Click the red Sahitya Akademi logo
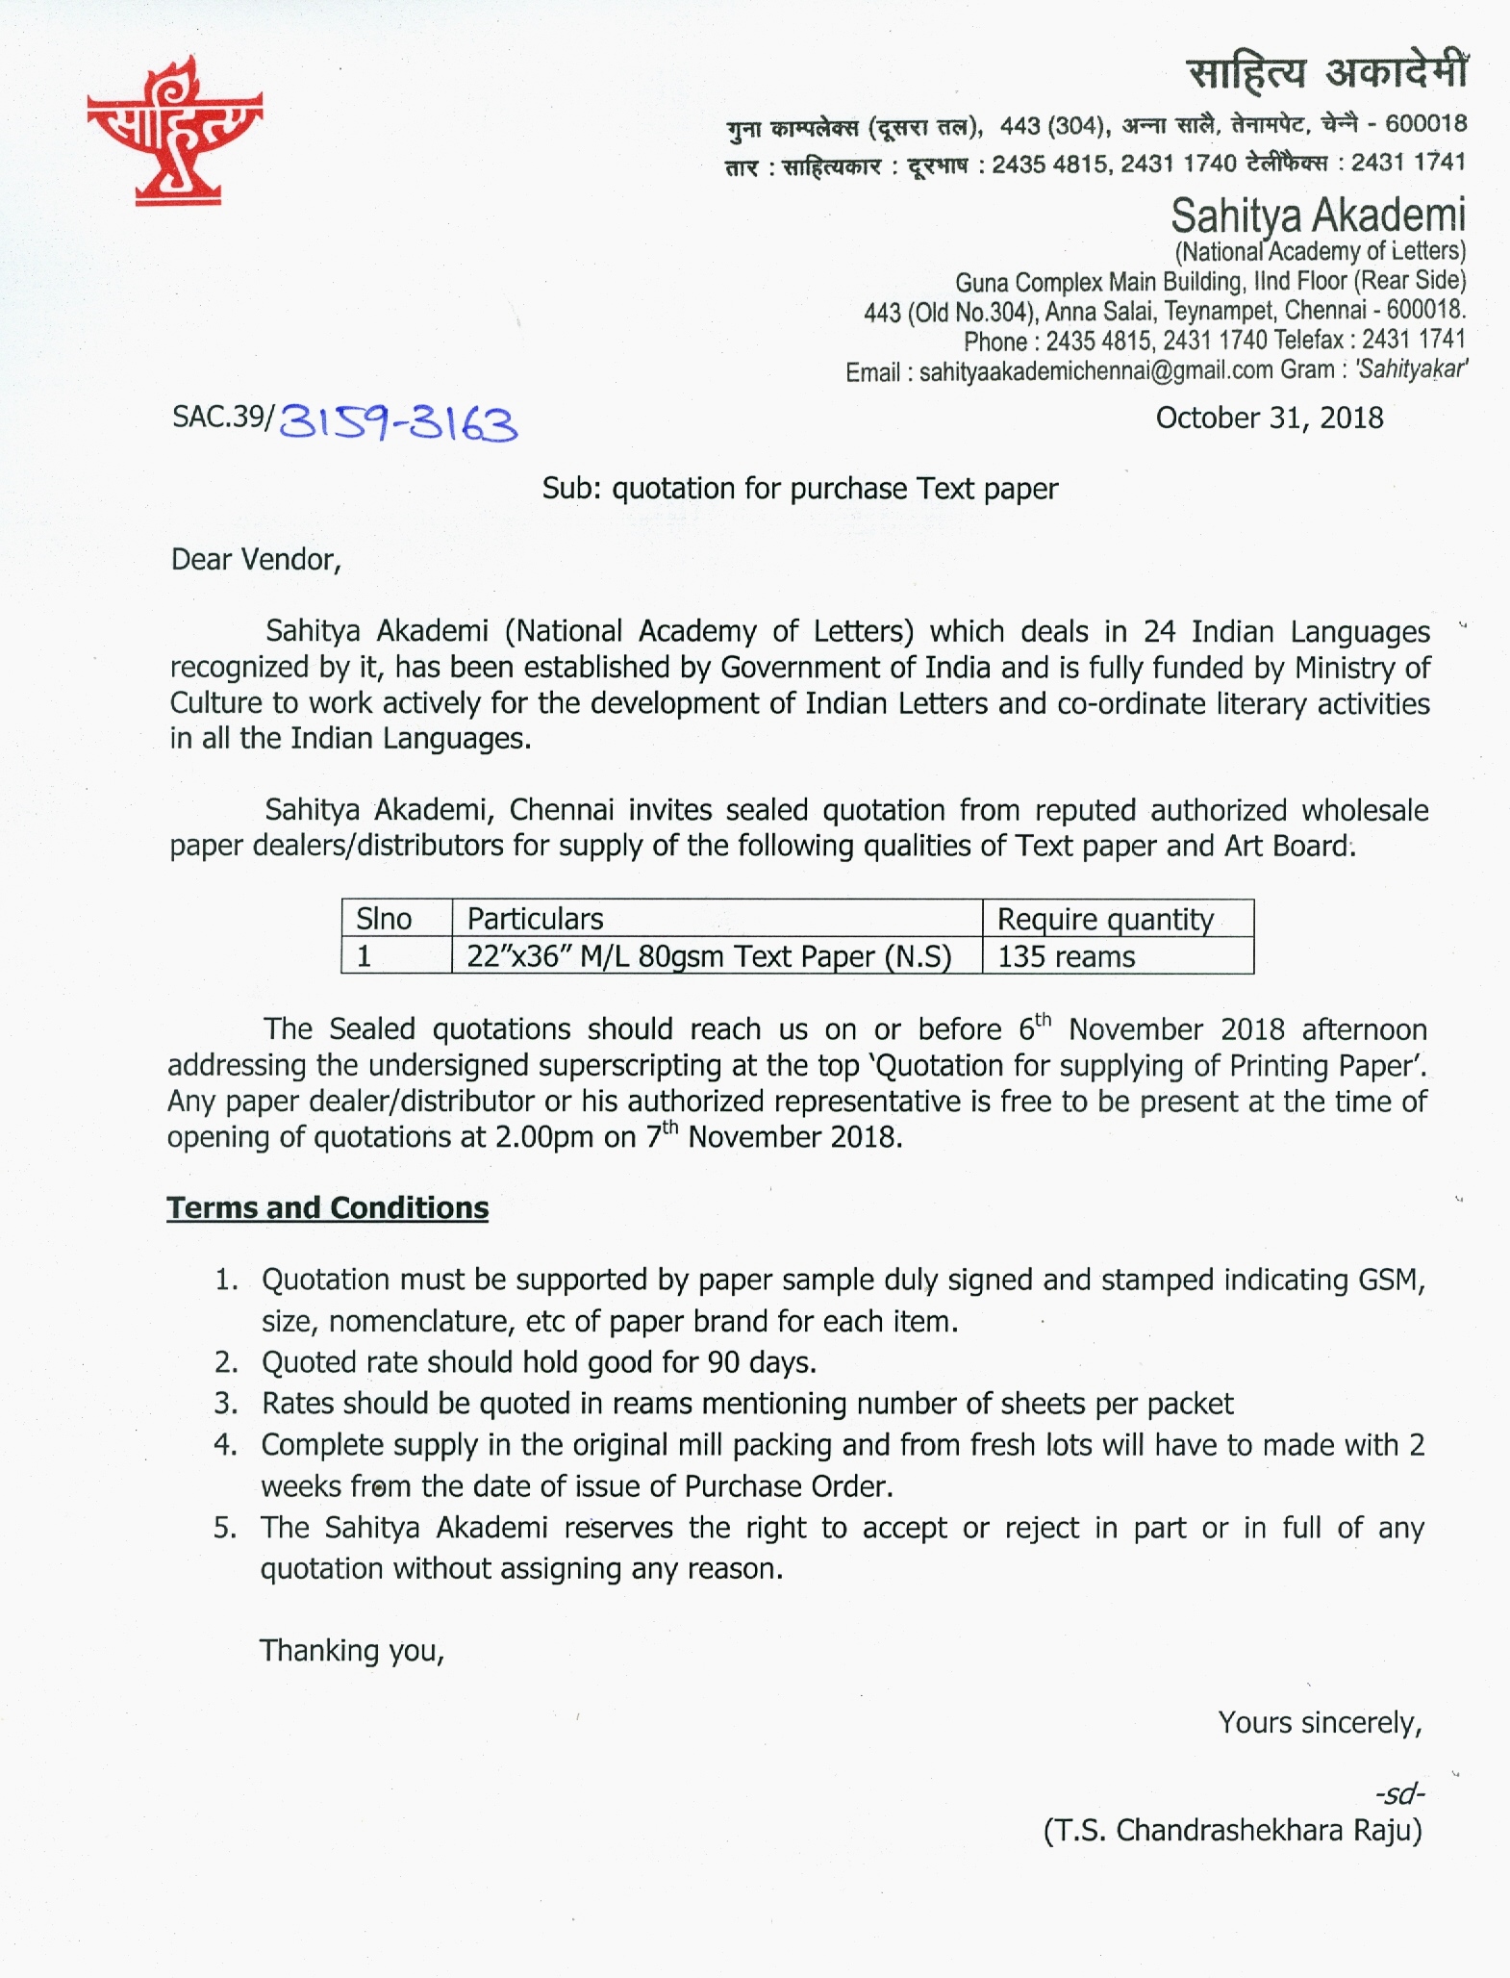pos(174,131)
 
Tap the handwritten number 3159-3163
pos(397,422)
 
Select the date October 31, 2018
pos(1269,418)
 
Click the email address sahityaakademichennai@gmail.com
pos(1095,371)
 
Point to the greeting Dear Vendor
pos(256,559)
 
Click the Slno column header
pos(384,919)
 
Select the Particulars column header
pos(535,919)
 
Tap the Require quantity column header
pos(1105,919)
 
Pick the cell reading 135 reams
pos(1066,956)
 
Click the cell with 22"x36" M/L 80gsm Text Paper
pos(709,956)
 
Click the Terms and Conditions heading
pos(327,1207)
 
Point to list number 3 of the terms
pos(226,1404)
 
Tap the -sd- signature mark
pos(1399,1793)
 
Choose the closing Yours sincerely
pos(1320,1722)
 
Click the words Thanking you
pos(351,1651)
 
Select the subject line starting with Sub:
pos(799,489)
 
